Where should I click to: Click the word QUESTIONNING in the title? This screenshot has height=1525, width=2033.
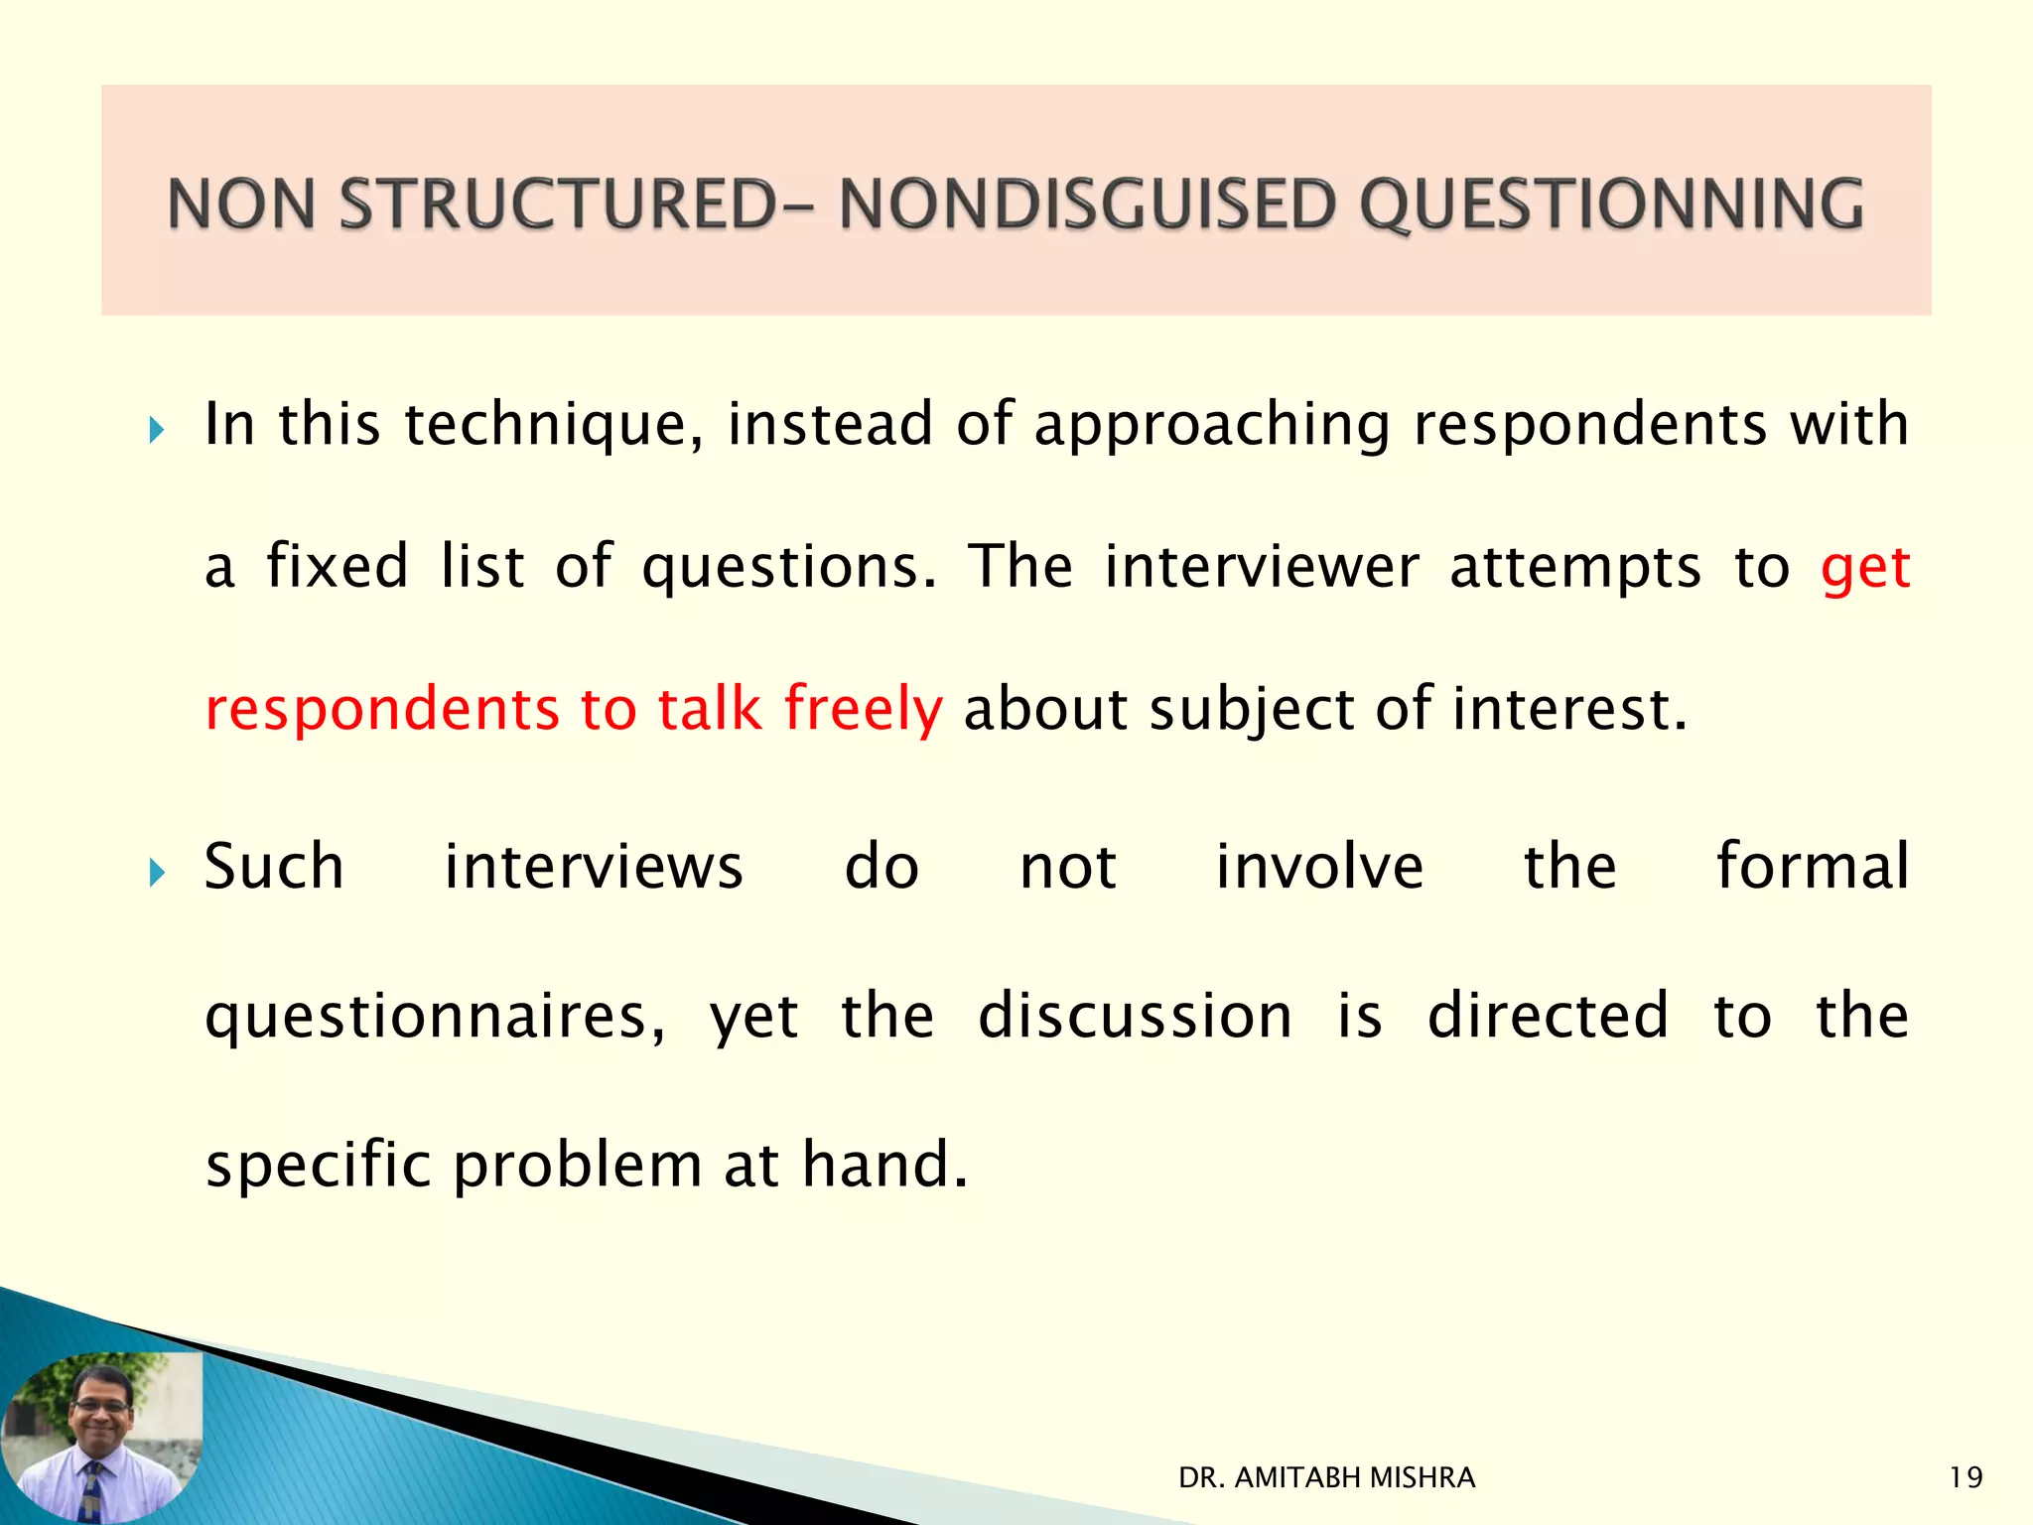point(1610,206)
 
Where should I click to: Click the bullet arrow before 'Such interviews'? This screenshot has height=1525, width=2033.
point(155,873)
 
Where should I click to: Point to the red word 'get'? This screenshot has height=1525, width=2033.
point(1864,569)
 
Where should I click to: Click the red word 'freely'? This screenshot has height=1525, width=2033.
point(863,709)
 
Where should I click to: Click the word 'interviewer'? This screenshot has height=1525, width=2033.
point(1261,567)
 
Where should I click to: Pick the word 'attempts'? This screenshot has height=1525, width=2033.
point(1574,569)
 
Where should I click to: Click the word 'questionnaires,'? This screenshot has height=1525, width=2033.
point(435,1017)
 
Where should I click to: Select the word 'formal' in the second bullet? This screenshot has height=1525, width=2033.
point(1812,866)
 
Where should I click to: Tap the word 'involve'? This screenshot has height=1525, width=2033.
point(1319,866)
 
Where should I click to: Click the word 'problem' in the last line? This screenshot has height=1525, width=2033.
point(578,1166)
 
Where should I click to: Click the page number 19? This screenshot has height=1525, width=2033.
point(1965,1477)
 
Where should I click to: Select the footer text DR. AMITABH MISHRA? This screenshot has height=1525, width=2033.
point(1326,1477)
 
